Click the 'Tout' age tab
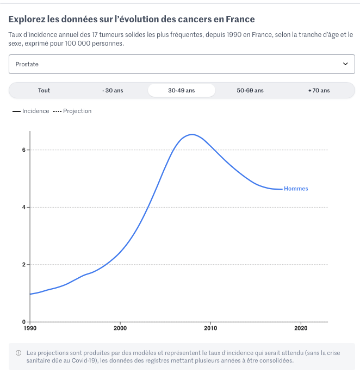(x=44, y=90)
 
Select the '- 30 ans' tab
(x=113, y=90)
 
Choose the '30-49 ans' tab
(x=181, y=90)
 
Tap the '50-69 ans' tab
(x=250, y=90)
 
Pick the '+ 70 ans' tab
(x=319, y=90)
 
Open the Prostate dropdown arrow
(x=345, y=64)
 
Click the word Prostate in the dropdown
(x=27, y=64)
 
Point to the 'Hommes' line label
(x=296, y=189)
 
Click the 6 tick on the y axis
(x=23, y=150)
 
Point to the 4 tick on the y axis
(x=23, y=207)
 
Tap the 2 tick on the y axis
(x=23, y=265)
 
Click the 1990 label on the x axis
(x=30, y=328)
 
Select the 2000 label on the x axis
(x=120, y=328)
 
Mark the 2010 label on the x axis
(x=210, y=328)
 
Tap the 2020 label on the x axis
(x=301, y=328)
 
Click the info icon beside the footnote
(x=18, y=352)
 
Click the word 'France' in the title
(x=240, y=20)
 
